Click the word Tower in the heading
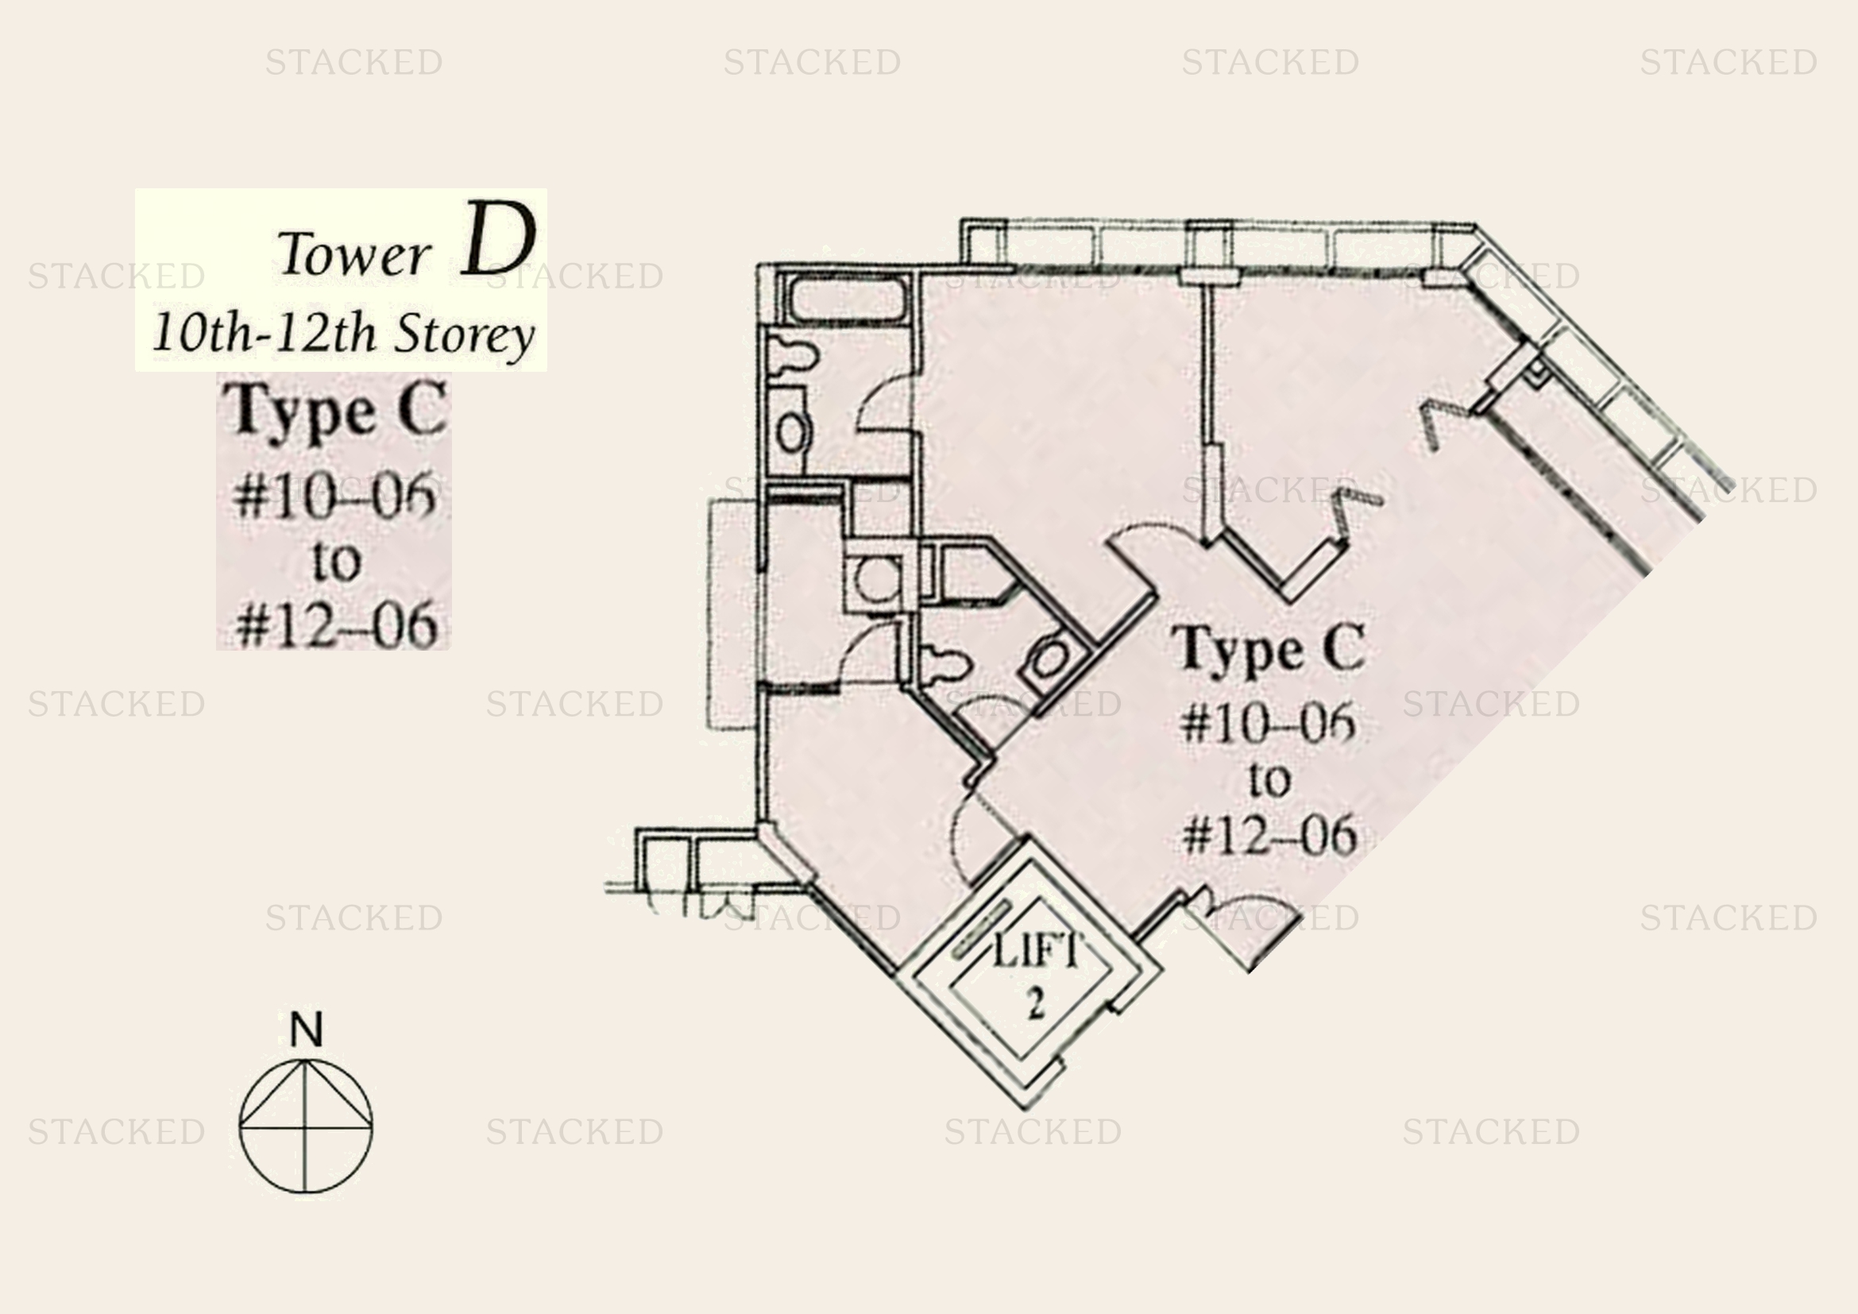point(353,253)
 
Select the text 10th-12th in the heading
point(263,332)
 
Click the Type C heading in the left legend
point(336,411)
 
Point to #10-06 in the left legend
point(335,495)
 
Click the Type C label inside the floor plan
point(1269,649)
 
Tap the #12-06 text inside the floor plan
point(1269,834)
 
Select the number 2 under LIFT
point(1036,1004)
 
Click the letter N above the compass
point(306,1029)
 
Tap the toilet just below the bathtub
point(791,356)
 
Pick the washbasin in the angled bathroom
point(1050,659)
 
